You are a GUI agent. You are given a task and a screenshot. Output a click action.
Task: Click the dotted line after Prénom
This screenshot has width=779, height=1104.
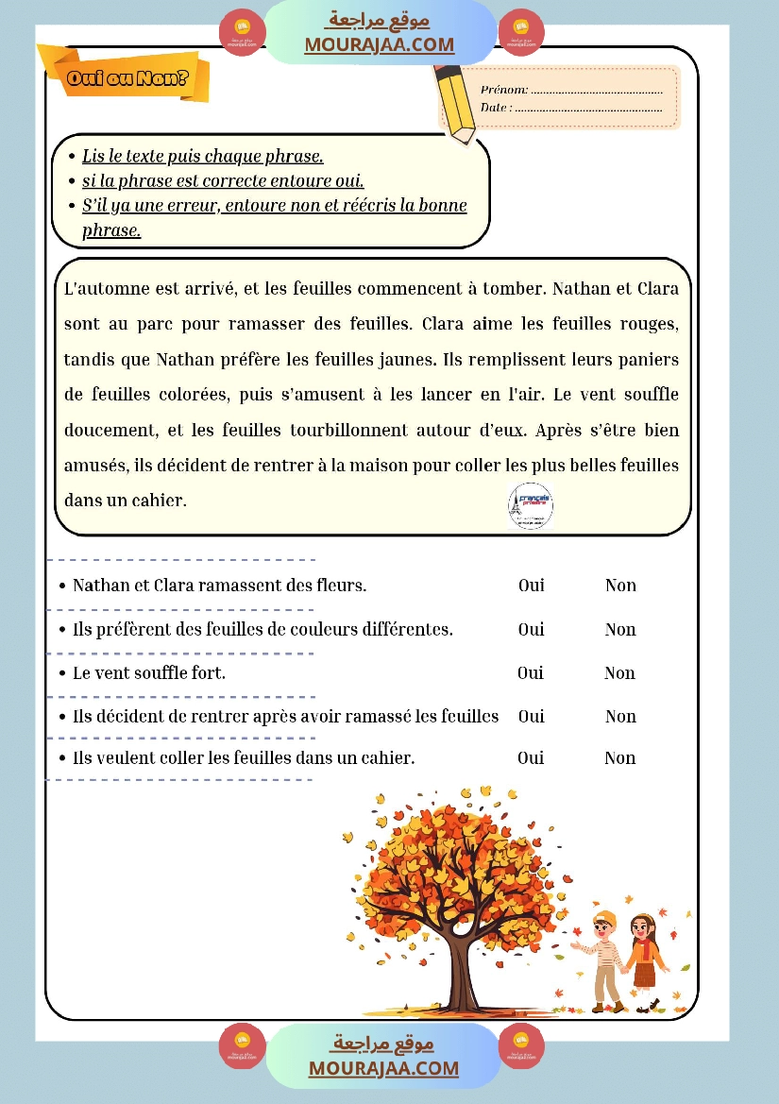point(596,91)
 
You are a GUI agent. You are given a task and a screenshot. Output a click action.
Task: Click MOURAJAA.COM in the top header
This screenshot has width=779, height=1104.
point(379,44)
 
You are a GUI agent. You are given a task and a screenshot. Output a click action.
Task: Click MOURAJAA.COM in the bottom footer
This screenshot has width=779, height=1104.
point(383,1068)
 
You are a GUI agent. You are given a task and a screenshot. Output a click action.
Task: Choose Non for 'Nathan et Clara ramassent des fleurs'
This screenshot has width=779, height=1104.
point(620,586)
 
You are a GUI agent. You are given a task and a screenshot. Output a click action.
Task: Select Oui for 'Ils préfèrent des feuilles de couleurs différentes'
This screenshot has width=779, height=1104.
point(531,629)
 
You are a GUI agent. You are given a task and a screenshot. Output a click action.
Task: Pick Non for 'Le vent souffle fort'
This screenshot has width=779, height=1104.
point(619,673)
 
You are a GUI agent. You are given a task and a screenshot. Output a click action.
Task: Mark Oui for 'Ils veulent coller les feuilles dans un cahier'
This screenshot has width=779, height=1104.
point(531,757)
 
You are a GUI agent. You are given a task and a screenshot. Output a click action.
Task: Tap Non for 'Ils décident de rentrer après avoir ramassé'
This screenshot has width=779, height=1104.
point(620,717)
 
